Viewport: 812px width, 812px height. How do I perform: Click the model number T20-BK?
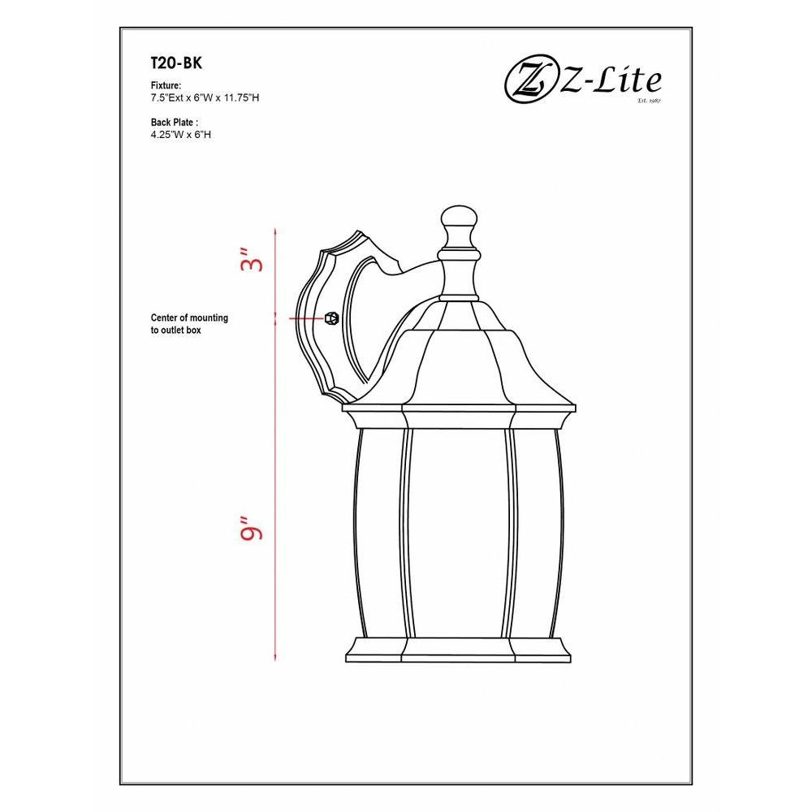(x=176, y=63)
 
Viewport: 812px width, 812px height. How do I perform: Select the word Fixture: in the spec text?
(x=166, y=85)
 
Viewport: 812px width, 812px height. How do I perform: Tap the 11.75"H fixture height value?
(x=241, y=97)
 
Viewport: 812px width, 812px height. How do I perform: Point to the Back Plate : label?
(x=175, y=123)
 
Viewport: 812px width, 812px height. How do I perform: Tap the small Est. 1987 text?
(x=650, y=101)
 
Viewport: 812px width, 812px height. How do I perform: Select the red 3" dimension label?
(x=253, y=260)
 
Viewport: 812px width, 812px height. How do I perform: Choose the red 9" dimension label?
(x=253, y=528)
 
